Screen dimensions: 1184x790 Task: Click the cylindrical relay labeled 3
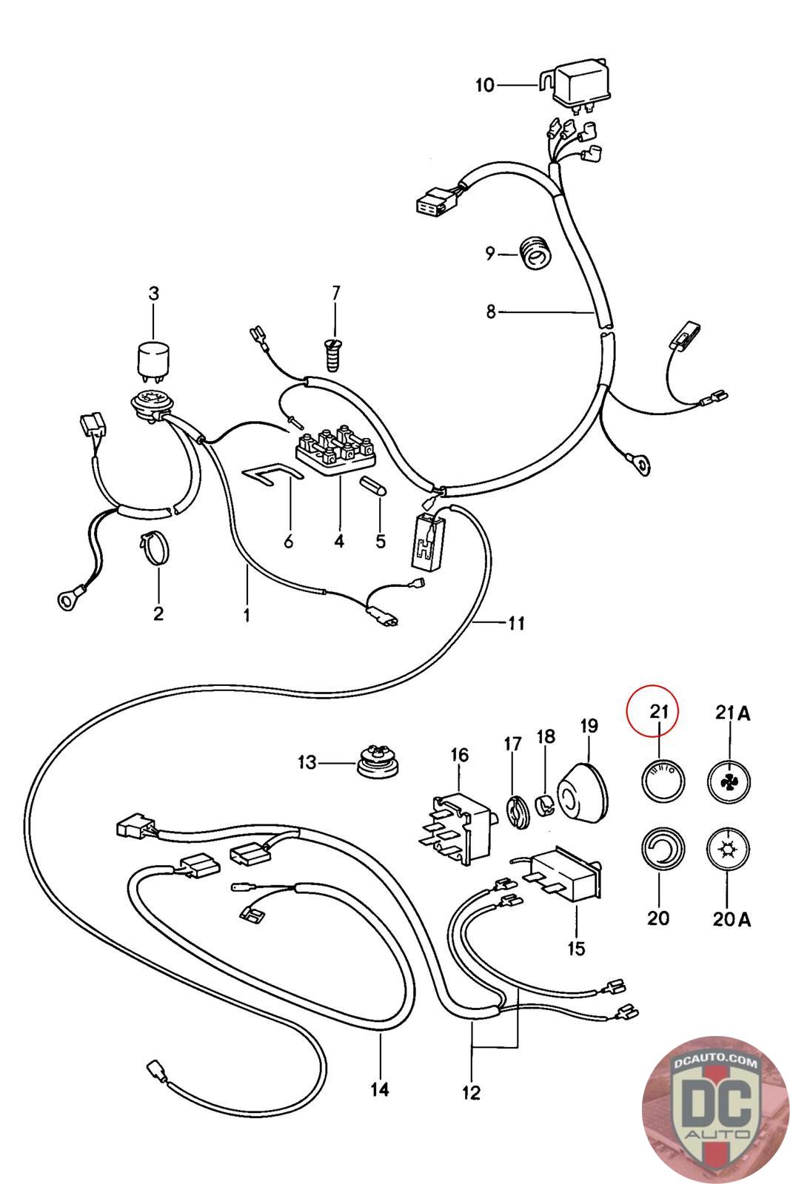coord(153,361)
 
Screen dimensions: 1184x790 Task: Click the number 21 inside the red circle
coord(659,712)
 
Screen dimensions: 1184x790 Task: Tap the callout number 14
coord(380,1089)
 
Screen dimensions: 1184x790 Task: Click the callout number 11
coord(515,623)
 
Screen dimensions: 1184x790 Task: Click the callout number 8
coord(491,312)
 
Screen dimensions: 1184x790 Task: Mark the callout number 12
coord(471,1092)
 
